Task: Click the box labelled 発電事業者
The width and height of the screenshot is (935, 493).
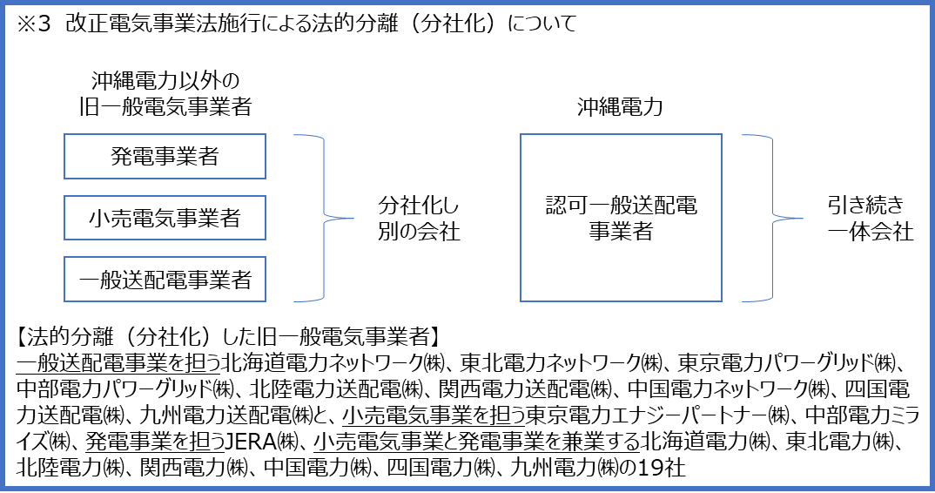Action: (165, 157)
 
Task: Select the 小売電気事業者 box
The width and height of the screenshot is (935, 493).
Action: (165, 218)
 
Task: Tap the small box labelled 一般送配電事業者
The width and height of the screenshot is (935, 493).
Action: (165, 280)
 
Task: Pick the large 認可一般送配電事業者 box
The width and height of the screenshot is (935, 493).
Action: (621, 219)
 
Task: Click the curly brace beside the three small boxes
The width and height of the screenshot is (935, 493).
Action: (325, 218)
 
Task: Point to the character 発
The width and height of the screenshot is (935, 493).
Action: (121, 157)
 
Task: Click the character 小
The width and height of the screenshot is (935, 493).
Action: (98, 218)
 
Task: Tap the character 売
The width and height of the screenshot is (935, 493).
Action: (120, 218)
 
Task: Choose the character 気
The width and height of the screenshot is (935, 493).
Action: (165, 218)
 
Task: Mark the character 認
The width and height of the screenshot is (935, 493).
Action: (555, 207)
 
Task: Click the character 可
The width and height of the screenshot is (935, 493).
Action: (577, 207)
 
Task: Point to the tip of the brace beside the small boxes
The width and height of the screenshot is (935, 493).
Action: (352, 218)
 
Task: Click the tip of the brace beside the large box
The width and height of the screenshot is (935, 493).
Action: (801, 218)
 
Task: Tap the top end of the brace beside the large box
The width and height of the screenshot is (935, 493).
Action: (743, 136)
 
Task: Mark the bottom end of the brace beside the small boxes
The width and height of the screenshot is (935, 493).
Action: (295, 301)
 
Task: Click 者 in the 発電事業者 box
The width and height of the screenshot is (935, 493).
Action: (208, 157)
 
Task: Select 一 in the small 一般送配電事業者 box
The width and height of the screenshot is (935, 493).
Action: (88, 280)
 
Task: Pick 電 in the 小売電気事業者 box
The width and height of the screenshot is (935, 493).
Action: (143, 218)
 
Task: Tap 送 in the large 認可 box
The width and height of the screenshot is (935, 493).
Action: (642, 207)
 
